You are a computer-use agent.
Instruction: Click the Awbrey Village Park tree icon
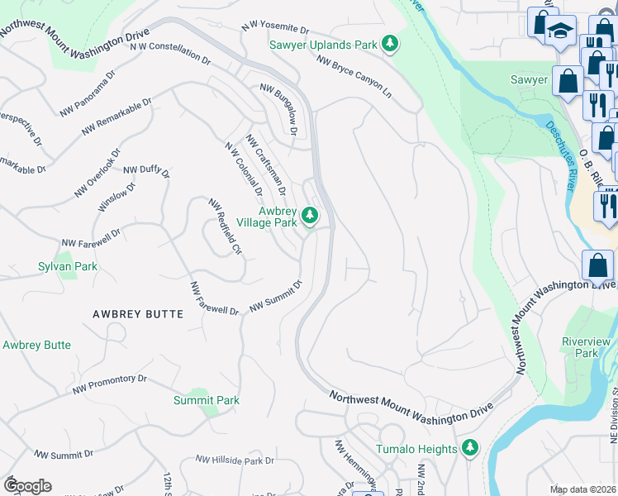point(310,217)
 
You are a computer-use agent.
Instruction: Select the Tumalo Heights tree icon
point(470,448)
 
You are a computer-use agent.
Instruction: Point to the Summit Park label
point(206,400)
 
